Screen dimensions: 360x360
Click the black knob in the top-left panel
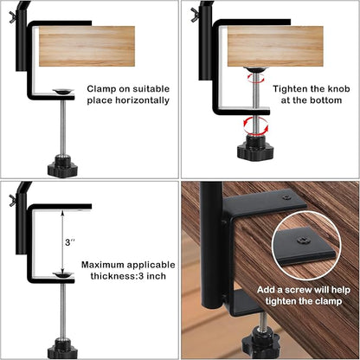[62, 162]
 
